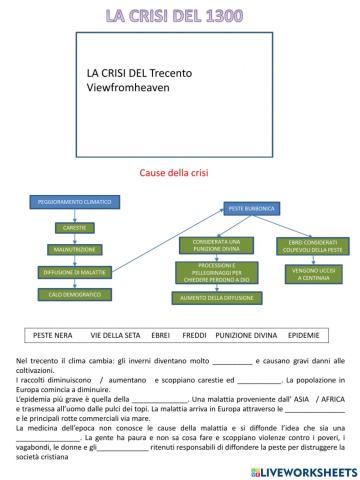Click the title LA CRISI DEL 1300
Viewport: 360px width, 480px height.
pos(181,15)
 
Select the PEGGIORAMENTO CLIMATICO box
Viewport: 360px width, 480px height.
pos(69,201)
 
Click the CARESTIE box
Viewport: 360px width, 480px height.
pos(67,228)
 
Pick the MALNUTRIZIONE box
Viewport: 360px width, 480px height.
pos(68,249)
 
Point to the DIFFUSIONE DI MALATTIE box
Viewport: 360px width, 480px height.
pos(68,271)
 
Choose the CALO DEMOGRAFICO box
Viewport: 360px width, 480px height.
pos(68,294)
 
